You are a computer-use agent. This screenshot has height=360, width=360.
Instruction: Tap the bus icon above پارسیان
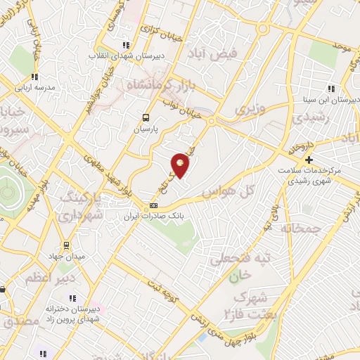coord(146,118)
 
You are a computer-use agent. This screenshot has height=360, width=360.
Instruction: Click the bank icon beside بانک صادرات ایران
coord(153,205)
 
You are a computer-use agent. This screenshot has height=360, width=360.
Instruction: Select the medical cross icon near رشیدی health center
coord(309,160)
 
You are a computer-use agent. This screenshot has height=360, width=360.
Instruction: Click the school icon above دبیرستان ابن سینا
coord(330,88)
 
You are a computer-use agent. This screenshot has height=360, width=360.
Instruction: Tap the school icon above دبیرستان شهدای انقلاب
coord(125,44)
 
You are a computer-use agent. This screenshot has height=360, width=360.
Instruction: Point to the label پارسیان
coord(148,129)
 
